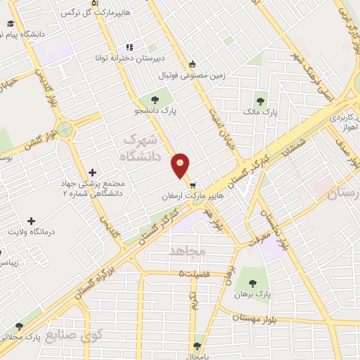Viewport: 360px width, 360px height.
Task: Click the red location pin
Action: [x=181, y=166]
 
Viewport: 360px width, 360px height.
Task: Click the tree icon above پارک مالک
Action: [x=261, y=100]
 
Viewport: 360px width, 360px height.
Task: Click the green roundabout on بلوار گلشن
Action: [x=65, y=129]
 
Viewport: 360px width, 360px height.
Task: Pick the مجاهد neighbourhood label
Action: [x=187, y=250]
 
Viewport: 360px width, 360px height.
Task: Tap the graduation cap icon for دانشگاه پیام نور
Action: [x=12, y=22]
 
